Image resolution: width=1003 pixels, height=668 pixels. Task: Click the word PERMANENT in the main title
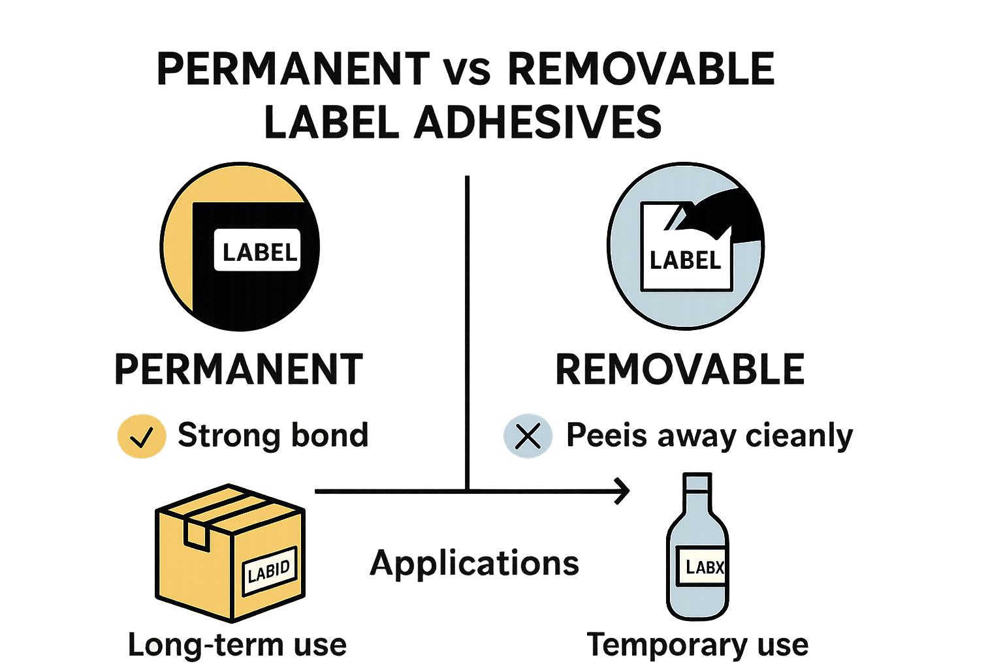(293, 69)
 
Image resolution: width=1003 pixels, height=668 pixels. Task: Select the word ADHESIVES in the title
(537, 122)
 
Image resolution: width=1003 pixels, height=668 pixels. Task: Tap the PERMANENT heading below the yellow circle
(238, 369)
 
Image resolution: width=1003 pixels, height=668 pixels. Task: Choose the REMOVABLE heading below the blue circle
(679, 369)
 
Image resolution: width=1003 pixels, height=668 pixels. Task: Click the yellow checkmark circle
(141, 436)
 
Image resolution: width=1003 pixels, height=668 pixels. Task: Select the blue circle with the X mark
(528, 436)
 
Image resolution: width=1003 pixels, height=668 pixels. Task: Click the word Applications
(474, 562)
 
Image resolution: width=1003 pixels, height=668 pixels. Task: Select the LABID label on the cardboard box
(269, 571)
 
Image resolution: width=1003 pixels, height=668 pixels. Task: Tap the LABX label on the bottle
(705, 566)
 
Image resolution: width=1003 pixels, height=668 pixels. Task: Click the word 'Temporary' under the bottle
(660, 645)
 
